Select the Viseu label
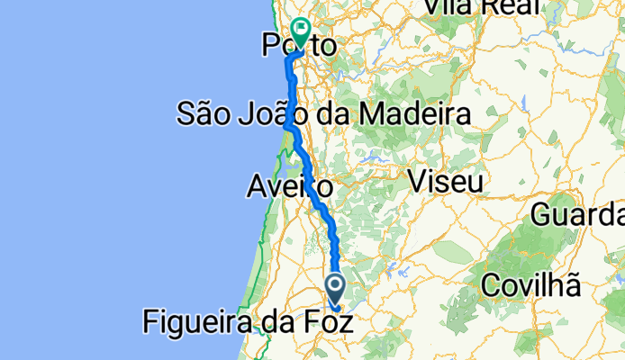[446, 181]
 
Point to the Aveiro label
[290, 188]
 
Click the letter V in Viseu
[417, 181]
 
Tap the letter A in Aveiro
[256, 188]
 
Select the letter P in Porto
[269, 45]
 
